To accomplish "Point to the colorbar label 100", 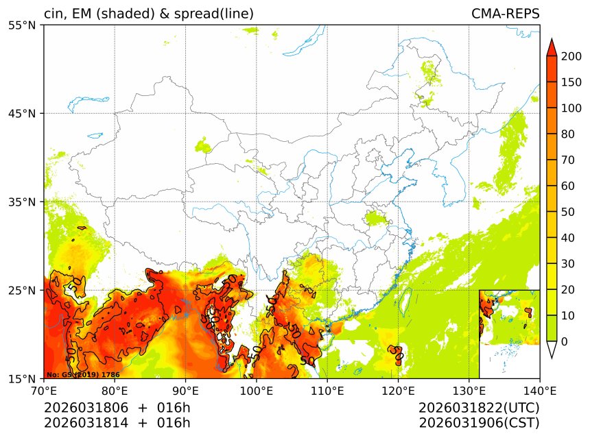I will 571,108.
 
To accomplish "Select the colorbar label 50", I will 568,212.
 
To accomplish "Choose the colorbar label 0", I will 565,341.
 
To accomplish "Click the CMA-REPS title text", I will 505,14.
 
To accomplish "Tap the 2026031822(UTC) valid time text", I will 479,408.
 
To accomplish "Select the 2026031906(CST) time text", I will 479,423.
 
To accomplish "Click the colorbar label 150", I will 571,82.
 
